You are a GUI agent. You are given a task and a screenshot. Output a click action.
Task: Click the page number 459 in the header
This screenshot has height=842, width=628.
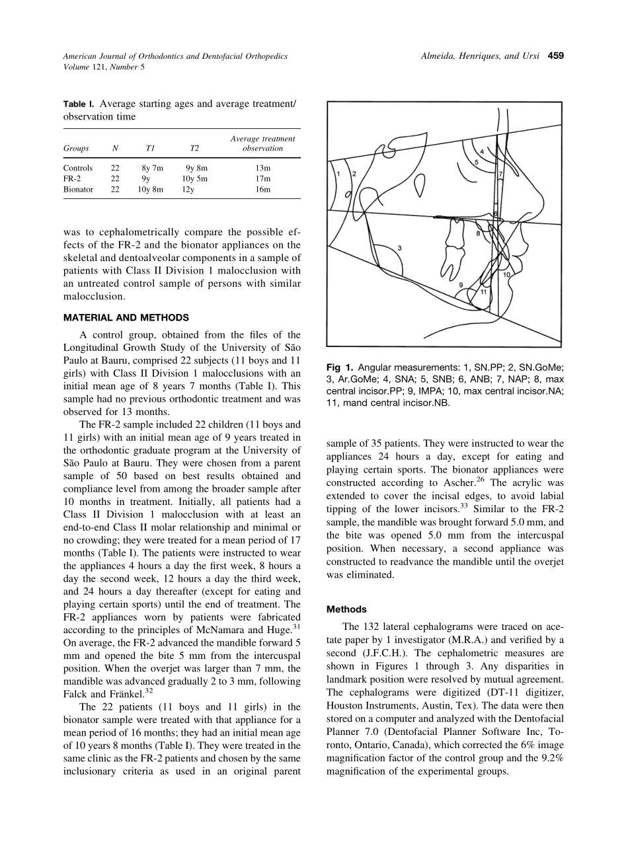(555, 56)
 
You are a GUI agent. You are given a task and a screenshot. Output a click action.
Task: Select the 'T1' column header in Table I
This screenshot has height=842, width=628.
(149, 149)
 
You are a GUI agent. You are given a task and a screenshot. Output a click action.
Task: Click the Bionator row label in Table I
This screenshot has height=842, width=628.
(78, 189)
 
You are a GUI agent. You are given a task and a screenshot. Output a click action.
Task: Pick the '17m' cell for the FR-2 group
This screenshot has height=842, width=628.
(263, 178)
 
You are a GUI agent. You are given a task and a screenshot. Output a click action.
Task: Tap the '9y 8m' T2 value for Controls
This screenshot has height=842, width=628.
(196, 168)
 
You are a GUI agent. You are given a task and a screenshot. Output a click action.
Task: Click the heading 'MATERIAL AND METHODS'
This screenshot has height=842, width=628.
(126, 318)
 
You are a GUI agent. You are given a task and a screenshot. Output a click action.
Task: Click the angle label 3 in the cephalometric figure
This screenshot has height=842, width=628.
(400, 249)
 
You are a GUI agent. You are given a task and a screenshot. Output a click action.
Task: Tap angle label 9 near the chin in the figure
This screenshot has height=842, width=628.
(461, 284)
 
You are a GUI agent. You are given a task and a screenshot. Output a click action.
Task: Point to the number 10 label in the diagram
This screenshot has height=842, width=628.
(506, 274)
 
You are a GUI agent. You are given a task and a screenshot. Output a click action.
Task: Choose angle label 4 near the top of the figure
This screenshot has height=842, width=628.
(482, 152)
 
